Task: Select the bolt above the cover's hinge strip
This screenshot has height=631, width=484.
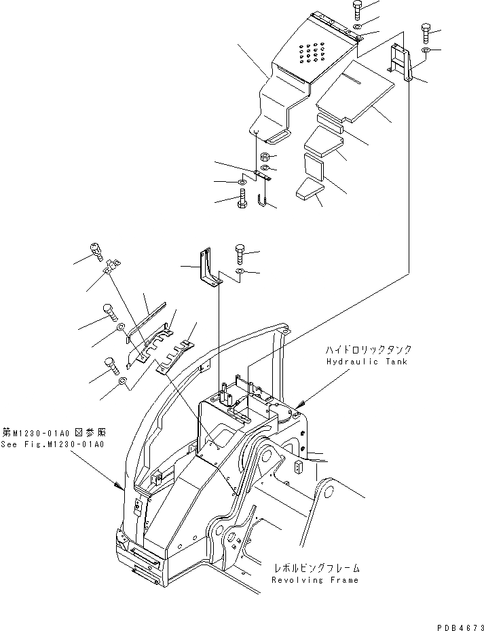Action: click(358, 10)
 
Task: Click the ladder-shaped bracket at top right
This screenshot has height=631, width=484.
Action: click(401, 63)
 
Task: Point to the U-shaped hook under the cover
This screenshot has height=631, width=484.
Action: click(264, 200)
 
